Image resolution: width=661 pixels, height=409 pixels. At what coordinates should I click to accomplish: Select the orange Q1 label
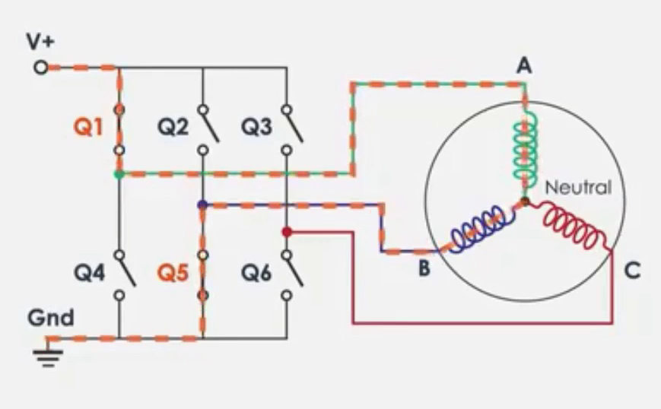coord(88,127)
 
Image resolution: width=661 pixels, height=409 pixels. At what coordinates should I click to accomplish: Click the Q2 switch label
coord(173,127)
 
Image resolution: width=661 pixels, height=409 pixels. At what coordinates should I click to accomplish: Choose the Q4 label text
coord(89,271)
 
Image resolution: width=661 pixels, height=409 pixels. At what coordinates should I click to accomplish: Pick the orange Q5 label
coord(173,271)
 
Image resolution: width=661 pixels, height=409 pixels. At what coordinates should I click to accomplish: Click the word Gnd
coord(51,316)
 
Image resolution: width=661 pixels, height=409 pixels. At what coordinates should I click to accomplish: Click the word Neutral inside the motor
coord(578,187)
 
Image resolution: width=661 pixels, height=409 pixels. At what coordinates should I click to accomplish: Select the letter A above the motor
coord(523,67)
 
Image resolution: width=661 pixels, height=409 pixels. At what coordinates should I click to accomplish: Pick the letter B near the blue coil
coord(424,268)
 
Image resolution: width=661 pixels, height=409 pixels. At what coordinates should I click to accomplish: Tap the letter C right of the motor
coord(631,270)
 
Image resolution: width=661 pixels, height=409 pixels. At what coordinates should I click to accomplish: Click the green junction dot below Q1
coord(118,175)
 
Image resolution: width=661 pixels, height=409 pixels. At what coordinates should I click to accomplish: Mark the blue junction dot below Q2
coord(202,204)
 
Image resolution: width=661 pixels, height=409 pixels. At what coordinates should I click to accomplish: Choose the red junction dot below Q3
coord(286,231)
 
